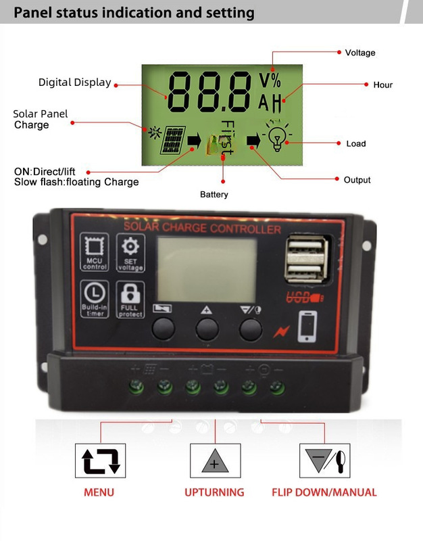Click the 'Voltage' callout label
pos(359,53)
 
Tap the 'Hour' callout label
pos(382,85)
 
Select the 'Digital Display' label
pos(74,83)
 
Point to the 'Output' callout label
pos(357,180)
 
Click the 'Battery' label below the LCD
pos(214,195)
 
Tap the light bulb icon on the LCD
pos(276,137)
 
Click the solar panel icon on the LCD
pos(174,140)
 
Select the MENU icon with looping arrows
pos(100,461)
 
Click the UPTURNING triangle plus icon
pos(215,461)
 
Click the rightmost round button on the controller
pos(250,329)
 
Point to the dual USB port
pos(303,259)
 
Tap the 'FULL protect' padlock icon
pos(130,299)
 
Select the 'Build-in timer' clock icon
pos(95,299)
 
